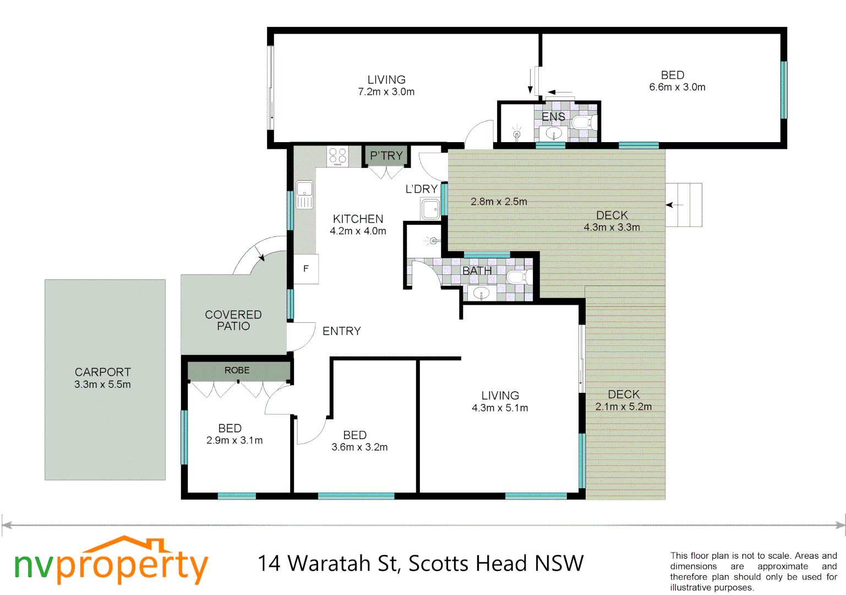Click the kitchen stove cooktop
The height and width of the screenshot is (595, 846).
click(x=337, y=156)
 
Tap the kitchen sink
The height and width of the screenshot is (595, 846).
click(x=304, y=194)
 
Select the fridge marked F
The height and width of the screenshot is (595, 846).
click(x=306, y=269)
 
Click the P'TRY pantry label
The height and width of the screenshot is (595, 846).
click(x=386, y=156)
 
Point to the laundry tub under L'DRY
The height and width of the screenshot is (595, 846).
click(x=430, y=209)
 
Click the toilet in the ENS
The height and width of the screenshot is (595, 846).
click(x=582, y=122)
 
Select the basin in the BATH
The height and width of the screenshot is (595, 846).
click(x=481, y=293)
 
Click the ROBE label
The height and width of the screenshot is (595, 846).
click(x=237, y=371)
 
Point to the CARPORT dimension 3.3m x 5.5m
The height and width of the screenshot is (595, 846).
click(x=103, y=385)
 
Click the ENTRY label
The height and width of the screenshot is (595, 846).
click(x=341, y=331)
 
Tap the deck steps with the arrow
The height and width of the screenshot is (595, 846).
click(x=684, y=205)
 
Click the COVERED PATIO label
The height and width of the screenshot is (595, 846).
click(x=233, y=320)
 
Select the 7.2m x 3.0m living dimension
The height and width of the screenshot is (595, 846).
click(x=386, y=92)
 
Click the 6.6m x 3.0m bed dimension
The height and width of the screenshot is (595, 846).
click(x=677, y=87)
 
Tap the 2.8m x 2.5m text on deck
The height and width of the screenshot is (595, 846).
click(x=499, y=202)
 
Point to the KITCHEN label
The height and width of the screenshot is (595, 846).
click(x=358, y=219)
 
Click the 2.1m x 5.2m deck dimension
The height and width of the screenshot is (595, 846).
click(x=624, y=407)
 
